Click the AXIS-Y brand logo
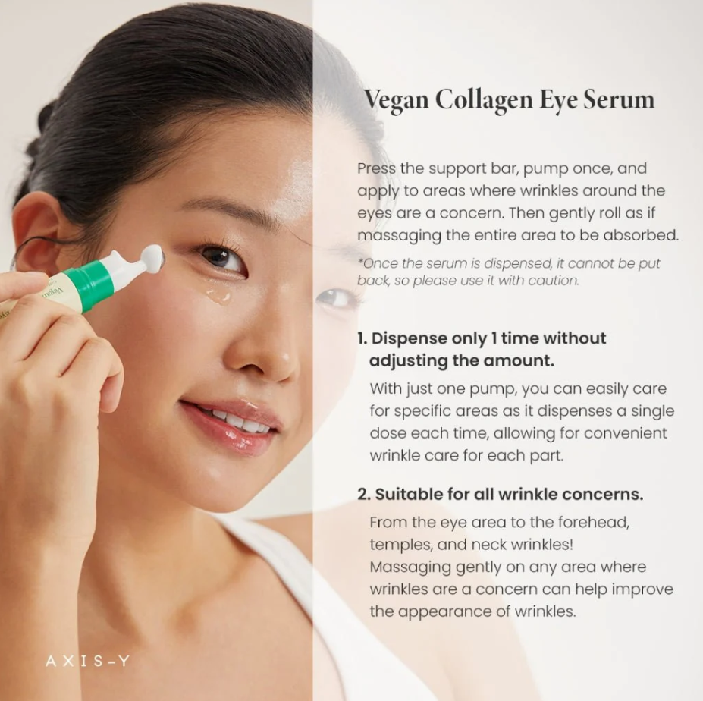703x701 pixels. coord(87,661)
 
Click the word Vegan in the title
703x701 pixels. coord(396,99)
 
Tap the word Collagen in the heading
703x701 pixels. coord(483,99)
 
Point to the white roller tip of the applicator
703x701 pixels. coord(153,256)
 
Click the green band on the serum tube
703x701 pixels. coord(88,284)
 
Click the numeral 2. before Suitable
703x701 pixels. coord(363,495)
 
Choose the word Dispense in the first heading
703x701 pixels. coord(409,339)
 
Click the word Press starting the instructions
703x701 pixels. coord(377,168)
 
